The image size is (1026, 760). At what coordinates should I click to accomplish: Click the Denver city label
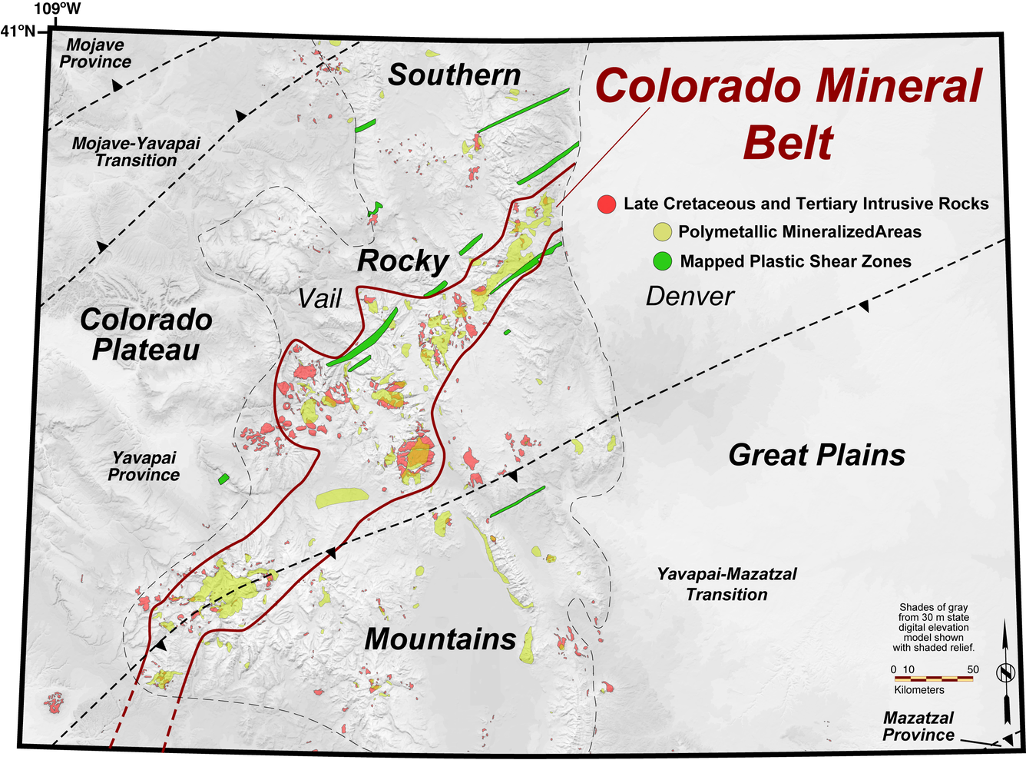point(690,297)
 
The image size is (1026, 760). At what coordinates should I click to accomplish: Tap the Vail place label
point(319,298)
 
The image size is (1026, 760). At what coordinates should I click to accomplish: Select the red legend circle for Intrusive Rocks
point(607,204)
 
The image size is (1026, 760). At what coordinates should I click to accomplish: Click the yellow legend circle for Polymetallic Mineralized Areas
point(662,232)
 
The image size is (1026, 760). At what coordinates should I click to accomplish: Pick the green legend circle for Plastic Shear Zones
point(662,261)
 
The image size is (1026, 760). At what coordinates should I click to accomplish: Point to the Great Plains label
point(816,455)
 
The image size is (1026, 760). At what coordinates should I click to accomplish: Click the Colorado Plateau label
point(146,334)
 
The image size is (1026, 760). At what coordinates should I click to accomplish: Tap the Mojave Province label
point(95,54)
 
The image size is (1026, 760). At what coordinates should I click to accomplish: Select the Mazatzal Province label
point(918,726)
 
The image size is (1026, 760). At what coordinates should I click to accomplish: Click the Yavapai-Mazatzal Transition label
point(726,584)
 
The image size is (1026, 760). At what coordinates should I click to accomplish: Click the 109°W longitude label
point(57,9)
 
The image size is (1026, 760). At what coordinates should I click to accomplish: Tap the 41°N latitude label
point(18,31)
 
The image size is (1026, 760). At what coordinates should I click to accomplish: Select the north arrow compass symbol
point(1005,673)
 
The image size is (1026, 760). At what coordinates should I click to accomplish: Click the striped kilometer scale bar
point(933,679)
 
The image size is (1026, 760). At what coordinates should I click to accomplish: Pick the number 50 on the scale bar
point(973,669)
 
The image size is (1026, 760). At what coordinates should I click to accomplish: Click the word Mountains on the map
point(440,639)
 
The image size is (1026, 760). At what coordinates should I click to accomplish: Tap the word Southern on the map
point(454,75)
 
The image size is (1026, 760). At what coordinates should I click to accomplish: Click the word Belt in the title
point(788,143)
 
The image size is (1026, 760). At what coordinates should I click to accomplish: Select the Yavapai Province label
point(144,466)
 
